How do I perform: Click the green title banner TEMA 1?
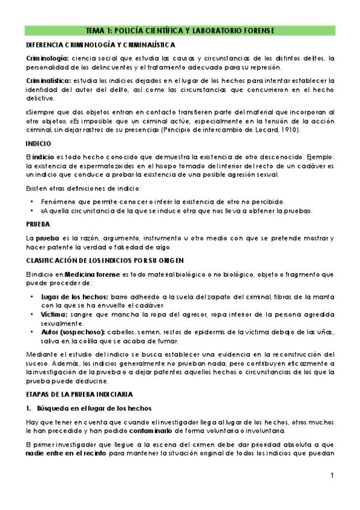pos(180,31)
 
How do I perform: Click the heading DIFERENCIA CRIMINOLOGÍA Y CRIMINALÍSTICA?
pos(100,45)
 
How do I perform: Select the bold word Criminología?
pos(47,58)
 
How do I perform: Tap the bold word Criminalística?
pos(47,80)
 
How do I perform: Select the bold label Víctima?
pos(52,315)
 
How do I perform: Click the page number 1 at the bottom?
pos(332,476)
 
